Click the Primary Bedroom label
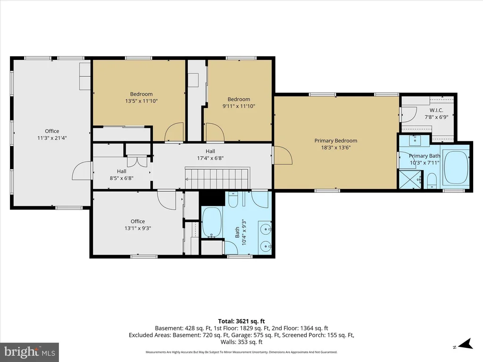point(336,140)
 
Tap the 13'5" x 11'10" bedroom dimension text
point(142,101)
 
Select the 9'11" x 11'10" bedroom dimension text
point(239,106)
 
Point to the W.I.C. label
point(436,110)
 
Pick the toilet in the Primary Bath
point(432,181)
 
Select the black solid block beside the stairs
point(212,198)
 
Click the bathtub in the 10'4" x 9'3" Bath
point(212,222)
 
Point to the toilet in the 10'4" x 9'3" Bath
point(233,199)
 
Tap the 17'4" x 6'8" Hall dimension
point(210,158)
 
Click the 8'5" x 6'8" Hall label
point(121,171)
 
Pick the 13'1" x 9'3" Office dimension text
point(138,228)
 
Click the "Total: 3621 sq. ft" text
point(241,321)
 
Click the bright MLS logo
point(30,352)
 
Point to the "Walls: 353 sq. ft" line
point(241,342)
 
